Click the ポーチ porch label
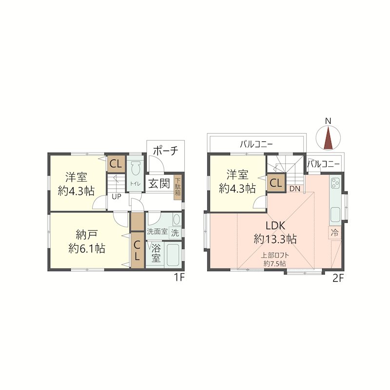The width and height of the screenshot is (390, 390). click(166, 151)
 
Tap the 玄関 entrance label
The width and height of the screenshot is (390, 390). click(159, 184)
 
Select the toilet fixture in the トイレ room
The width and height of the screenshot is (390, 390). click(136, 169)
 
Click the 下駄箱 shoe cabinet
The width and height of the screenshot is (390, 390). click(177, 186)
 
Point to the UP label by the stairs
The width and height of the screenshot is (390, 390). click(116, 196)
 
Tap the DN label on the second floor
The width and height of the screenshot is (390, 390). click(295, 189)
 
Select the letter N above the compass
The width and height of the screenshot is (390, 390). click(328, 121)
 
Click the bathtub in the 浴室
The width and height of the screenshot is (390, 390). click(173, 254)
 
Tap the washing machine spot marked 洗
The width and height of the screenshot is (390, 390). click(175, 234)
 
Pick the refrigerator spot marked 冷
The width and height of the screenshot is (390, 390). click(334, 233)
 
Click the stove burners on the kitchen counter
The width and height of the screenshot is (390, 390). click(335, 184)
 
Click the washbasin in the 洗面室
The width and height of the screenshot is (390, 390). click(176, 219)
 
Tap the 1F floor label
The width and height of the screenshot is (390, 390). click(179, 277)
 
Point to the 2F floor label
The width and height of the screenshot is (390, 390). click(338, 278)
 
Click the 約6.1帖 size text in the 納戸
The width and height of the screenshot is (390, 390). click(87, 248)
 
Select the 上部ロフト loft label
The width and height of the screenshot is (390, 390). click(275, 255)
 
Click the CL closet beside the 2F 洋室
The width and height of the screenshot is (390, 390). click(276, 183)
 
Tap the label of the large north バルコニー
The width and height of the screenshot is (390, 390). click(256, 144)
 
